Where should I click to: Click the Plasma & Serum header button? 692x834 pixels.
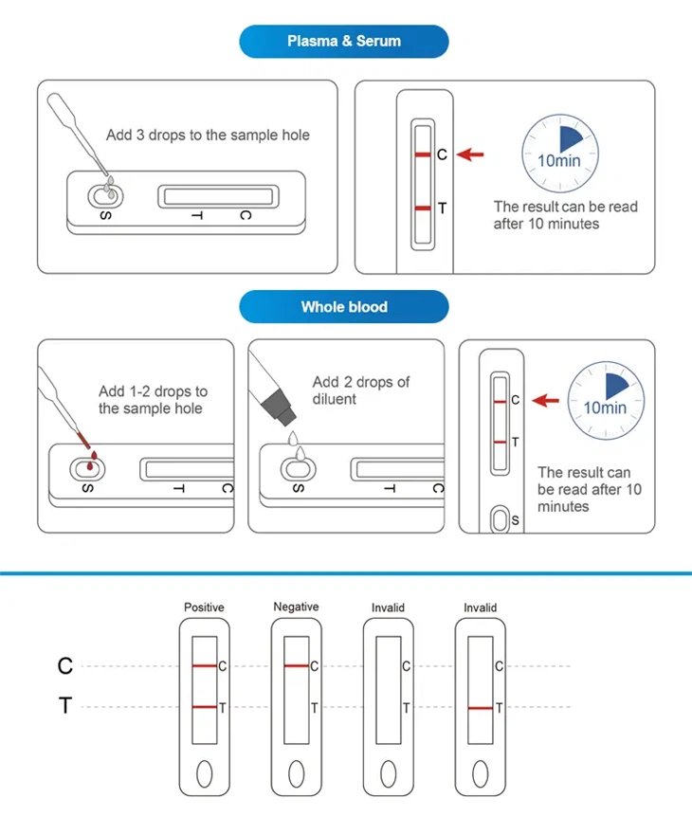click(344, 42)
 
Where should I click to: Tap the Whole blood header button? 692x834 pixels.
click(344, 307)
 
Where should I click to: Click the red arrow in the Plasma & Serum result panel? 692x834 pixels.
click(471, 154)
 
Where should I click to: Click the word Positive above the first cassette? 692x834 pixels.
click(204, 607)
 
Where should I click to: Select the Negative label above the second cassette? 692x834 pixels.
click(296, 607)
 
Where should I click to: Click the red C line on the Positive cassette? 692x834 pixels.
click(204, 666)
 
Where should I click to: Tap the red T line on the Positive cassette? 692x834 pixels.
click(204, 708)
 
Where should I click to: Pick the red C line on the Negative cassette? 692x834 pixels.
click(296, 666)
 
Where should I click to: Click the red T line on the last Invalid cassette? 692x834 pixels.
click(480, 708)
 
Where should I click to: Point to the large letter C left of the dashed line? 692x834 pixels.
click(65, 666)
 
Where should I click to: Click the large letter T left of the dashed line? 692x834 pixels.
click(65, 707)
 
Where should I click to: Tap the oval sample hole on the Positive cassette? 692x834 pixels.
click(204, 774)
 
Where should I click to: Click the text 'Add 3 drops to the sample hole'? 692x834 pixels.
click(208, 135)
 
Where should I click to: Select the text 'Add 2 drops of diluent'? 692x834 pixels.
click(360, 390)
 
